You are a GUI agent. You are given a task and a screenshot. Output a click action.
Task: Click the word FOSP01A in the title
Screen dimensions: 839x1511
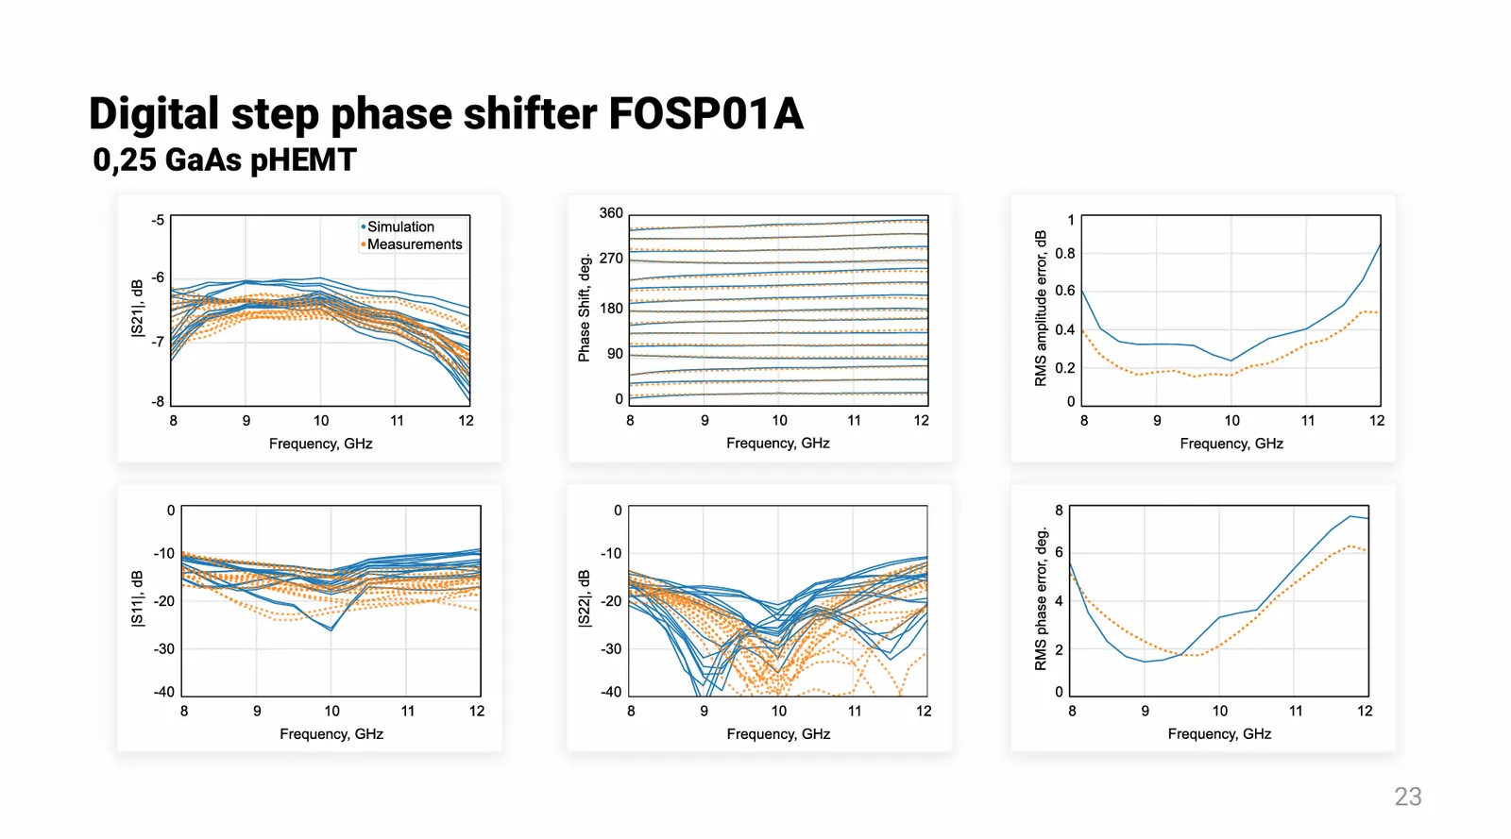pos(705,114)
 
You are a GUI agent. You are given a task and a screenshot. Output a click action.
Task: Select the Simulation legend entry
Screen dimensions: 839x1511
pos(400,227)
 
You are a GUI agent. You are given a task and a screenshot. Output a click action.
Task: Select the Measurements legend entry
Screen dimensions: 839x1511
pos(415,244)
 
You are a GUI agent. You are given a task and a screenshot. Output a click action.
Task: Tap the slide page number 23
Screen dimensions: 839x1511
pos(1407,797)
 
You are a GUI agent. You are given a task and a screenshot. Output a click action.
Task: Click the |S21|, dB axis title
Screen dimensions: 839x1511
pos(138,308)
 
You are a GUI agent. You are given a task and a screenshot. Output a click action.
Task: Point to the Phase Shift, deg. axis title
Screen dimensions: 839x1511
pos(585,308)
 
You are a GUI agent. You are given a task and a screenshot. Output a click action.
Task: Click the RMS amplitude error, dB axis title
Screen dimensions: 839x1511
pos(1041,308)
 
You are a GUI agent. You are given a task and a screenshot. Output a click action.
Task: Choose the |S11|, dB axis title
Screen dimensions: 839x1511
pos(138,598)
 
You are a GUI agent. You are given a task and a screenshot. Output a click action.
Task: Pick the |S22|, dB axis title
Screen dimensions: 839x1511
pos(585,598)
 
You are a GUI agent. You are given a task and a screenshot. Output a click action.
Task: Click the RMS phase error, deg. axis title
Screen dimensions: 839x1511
pos(1041,598)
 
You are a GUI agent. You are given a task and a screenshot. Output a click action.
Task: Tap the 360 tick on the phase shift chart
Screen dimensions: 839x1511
pos(611,213)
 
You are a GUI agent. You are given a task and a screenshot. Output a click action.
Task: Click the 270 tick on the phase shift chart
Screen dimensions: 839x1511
pos(611,258)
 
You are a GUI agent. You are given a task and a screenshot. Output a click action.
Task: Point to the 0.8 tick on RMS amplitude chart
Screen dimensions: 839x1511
pos(1064,253)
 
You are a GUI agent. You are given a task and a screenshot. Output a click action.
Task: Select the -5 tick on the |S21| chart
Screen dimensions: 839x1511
pos(158,220)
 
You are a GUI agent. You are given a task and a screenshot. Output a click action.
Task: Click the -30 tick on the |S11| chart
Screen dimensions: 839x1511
pos(164,649)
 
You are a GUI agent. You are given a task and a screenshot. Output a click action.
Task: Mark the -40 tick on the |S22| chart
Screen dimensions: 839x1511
pos(611,692)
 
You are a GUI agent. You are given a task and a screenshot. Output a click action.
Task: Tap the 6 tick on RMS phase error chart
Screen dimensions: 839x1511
pos(1059,552)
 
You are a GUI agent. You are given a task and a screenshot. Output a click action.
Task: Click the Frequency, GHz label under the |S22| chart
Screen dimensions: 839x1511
pos(778,734)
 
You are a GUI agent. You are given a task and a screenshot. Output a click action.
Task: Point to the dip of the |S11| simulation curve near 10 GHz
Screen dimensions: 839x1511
pos(331,629)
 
